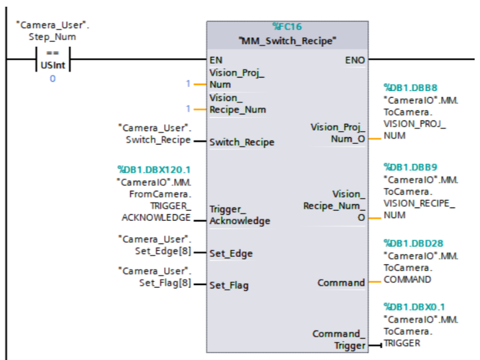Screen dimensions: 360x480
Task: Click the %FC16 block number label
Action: coord(287,27)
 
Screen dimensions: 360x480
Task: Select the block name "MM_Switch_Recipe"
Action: coord(287,41)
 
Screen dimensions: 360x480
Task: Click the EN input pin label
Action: coord(216,60)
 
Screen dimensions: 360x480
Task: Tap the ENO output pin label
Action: coord(355,60)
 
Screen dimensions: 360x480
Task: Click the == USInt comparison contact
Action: coord(52,60)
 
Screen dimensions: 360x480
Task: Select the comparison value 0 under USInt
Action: coord(52,79)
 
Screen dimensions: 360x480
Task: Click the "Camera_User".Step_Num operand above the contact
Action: coord(52,31)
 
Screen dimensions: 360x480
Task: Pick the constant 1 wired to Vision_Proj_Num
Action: coord(188,84)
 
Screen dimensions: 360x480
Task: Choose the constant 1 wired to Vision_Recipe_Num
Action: coord(188,108)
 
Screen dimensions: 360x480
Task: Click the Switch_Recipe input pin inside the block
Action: coord(242,142)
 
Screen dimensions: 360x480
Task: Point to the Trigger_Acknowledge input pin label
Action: coord(240,215)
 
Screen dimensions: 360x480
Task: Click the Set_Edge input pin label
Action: coord(231,254)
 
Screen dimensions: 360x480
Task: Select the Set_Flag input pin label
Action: coord(229,285)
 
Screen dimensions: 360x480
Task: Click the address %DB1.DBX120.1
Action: coord(153,170)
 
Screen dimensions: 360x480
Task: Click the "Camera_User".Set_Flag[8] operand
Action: coord(154,277)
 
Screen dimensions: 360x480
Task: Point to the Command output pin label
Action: coord(341,283)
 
